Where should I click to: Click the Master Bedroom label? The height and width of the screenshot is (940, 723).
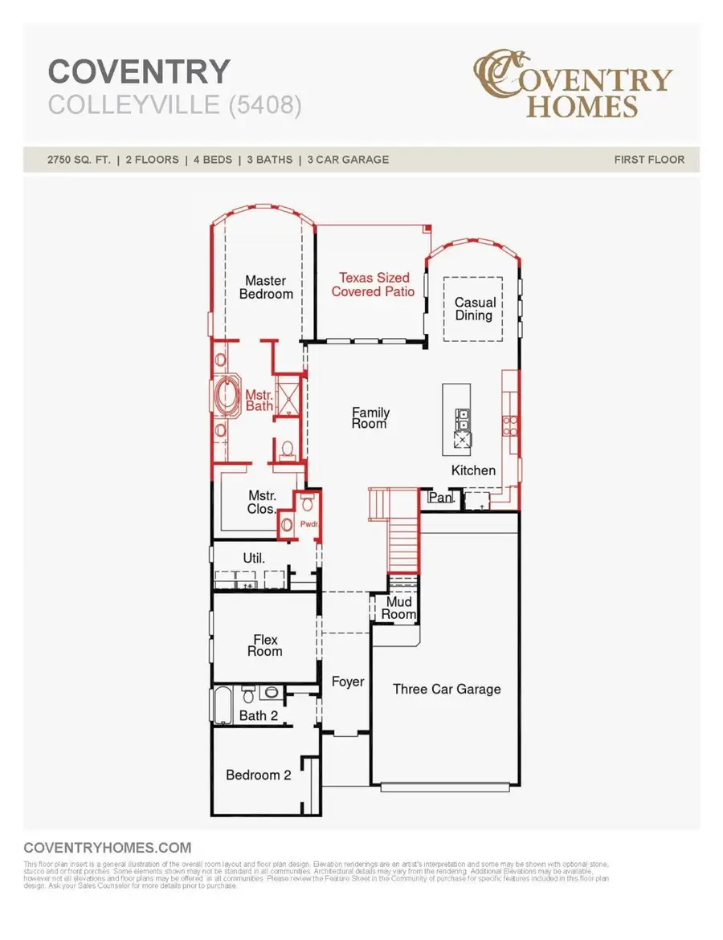[x=265, y=287]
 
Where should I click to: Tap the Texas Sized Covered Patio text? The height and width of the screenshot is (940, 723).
[x=374, y=285]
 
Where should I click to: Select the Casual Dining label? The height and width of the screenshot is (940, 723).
[x=474, y=309]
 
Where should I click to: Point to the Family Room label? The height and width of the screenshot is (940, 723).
[x=370, y=417]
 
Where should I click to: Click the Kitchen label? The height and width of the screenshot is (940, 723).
[x=473, y=470]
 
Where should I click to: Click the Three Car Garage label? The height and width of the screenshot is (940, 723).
[x=447, y=689]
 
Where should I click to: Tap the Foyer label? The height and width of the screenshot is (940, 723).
[x=348, y=682]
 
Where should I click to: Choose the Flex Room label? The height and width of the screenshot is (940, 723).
[x=265, y=645]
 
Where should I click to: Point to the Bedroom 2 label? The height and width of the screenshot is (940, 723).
[x=258, y=775]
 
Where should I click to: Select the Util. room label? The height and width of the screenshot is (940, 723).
[x=254, y=557]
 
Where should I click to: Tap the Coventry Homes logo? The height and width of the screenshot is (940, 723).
[x=571, y=83]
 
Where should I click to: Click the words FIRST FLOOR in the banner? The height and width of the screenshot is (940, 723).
[x=649, y=160]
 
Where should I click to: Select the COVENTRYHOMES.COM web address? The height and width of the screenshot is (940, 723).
[x=108, y=848]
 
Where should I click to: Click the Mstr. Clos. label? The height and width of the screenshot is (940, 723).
[x=262, y=503]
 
